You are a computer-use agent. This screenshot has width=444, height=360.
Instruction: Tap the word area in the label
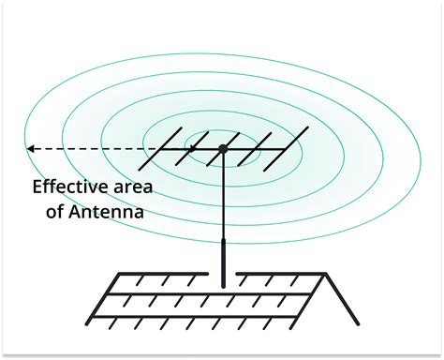click(x=131, y=186)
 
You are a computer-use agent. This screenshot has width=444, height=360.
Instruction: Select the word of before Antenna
click(x=57, y=212)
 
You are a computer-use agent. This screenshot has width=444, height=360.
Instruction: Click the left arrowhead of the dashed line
click(x=30, y=148)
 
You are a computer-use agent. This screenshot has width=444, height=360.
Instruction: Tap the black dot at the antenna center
click(x=223, y=148)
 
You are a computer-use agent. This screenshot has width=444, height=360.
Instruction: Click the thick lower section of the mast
click(x=223, y=262)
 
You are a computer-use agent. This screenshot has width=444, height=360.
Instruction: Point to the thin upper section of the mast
click(x=223, y=197)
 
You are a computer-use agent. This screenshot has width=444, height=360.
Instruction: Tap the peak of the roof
click(x=326, y=274)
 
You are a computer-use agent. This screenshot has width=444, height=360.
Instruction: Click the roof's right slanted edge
click(x=342, y=298)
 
